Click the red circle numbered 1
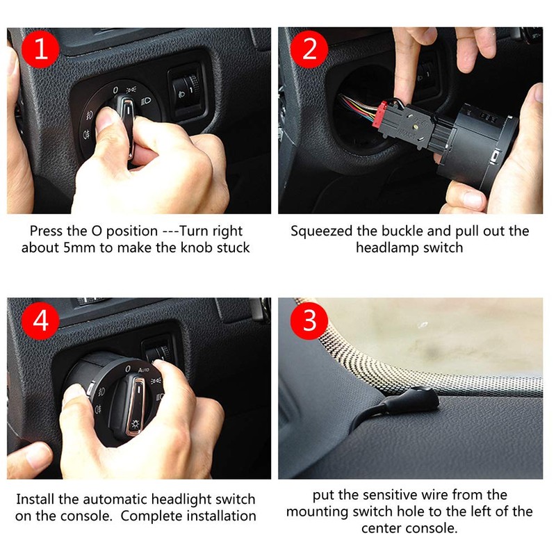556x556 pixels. (41, 51)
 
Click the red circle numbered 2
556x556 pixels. (311, 51)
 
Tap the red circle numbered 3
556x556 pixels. (311, 321)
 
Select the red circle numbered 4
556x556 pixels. (41, 321)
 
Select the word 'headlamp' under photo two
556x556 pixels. (391, 247)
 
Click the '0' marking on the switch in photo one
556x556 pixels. (115, 90)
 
